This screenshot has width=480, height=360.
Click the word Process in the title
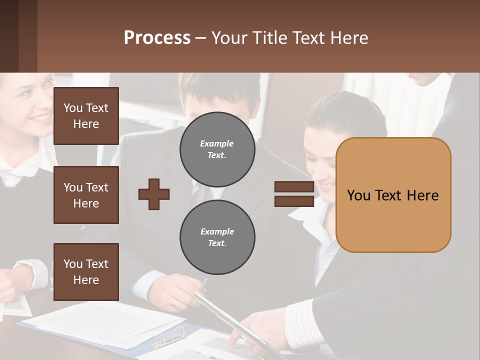tap(157, 38)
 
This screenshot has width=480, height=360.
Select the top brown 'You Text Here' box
tap(86, 116)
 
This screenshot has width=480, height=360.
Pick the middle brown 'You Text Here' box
tap(86, 195)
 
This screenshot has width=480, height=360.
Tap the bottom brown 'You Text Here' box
tap(86, 272)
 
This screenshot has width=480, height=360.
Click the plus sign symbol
tap(154, 194)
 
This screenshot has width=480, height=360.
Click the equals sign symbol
tap(294, 194)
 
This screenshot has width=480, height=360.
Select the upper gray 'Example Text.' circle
tap(217, 149)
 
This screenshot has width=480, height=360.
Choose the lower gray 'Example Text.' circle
tap(217, 237)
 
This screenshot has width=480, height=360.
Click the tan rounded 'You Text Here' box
tap(393, 195)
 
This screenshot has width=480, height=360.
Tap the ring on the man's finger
tap(174, 302)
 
